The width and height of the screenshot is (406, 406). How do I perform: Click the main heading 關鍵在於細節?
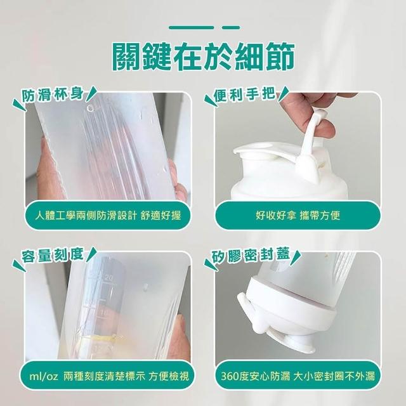203,56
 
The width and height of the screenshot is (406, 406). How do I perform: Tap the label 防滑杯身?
53,96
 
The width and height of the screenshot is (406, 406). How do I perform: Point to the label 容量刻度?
53,255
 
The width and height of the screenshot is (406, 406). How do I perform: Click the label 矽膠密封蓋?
251,254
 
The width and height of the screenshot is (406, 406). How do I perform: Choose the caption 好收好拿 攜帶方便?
298,215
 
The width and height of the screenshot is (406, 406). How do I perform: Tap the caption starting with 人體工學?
108,215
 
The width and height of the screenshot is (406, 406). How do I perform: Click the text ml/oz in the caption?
44,376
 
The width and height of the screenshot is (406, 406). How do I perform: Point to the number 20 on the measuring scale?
109,278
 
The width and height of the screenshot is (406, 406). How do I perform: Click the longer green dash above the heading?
192,27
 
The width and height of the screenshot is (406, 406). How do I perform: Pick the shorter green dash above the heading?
231,27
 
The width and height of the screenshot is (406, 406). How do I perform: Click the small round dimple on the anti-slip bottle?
91,108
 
